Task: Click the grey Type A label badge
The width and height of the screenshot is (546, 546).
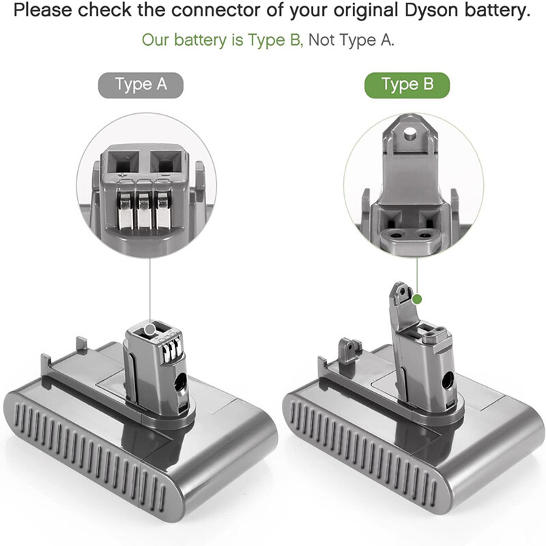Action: coord(141,85)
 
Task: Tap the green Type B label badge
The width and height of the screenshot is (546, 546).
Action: coord(407,85)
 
